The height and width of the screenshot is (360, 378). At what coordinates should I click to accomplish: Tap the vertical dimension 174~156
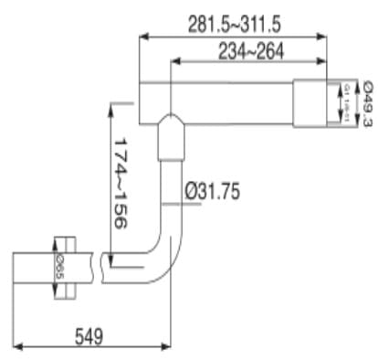coord(126,174)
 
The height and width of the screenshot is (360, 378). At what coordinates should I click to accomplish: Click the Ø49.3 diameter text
coord(366,103)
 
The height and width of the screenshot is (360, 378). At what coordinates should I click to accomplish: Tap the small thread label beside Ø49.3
coord(348,104)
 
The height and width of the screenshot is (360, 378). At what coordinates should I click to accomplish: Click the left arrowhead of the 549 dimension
coord(18,345)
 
